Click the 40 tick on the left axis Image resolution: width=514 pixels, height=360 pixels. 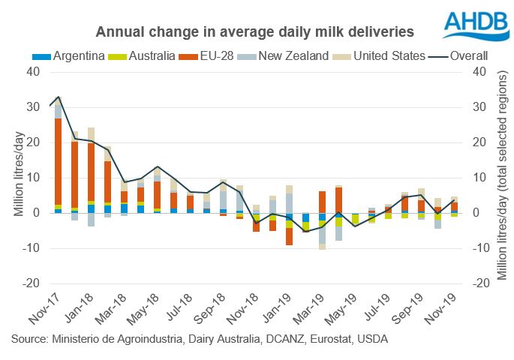point(34,72)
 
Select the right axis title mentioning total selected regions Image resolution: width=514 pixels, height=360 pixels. point(503,178)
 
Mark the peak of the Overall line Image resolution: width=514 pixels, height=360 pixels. point(58,97)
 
